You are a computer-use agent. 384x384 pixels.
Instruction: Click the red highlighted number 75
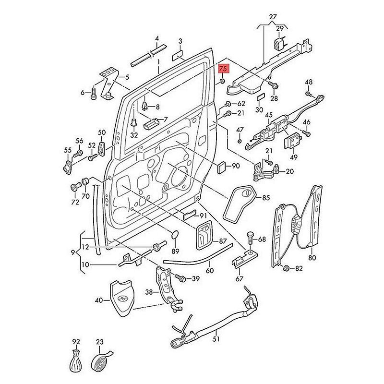pos(223,69)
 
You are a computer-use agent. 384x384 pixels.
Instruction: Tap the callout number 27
pos(273,18)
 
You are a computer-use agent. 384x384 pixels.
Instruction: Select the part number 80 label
pos(312,258)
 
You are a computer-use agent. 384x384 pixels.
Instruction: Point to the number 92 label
pos(76,342)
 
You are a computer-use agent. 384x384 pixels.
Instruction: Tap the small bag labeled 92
pos(75,361)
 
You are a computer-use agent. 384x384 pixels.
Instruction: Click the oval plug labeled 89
pos(175,235)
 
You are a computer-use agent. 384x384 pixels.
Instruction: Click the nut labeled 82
pos(287,268)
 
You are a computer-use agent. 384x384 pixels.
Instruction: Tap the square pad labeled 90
pos(222,167)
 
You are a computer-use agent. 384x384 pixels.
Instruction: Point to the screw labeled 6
pos(93,92)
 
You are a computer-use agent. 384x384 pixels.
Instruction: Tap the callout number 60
pos(209,271)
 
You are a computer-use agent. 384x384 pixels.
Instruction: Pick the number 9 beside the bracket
pos(72,252)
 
